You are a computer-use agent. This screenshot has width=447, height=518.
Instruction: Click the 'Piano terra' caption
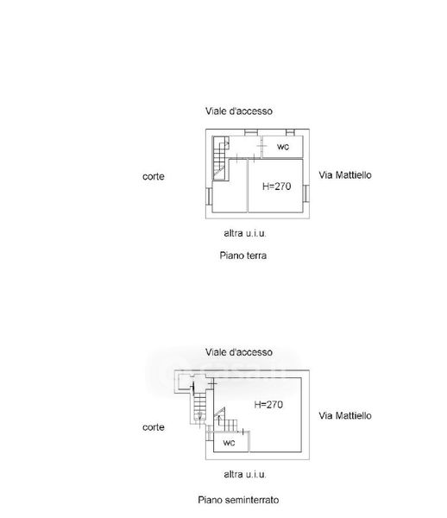click(243, 256)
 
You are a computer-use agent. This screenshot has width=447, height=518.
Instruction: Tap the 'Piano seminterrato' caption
click(238, 500)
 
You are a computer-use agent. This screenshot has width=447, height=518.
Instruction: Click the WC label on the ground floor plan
click(283, 147)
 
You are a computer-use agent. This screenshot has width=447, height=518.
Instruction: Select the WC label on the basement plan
click(229, 443)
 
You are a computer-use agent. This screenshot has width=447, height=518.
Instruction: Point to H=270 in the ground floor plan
click(277, 186)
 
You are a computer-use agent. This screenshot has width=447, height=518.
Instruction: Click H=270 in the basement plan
click(268, 405)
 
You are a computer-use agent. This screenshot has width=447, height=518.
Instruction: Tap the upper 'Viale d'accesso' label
click(239, 111)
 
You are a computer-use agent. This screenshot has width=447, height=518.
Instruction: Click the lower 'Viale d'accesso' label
click(239, 352)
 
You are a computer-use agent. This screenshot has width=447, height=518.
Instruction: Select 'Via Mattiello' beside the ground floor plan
click(345, 175)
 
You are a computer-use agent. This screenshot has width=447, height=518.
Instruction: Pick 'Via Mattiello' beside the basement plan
click(345, 415)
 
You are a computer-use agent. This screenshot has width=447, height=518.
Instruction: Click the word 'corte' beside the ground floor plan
click(154, 176)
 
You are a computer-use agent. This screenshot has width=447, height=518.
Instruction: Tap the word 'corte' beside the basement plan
click(154, 427)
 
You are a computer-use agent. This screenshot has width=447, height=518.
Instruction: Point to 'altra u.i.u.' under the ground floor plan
click(245, 233)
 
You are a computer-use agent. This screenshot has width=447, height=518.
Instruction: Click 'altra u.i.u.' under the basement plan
click(245, 474)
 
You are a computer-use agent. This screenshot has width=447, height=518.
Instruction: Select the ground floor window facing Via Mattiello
click(306, 193)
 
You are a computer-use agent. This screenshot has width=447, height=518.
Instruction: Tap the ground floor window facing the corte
click(209, 196)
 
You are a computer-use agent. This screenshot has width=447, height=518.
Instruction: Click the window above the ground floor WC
click(290, 132)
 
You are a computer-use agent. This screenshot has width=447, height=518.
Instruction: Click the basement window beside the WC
click(210, 433)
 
